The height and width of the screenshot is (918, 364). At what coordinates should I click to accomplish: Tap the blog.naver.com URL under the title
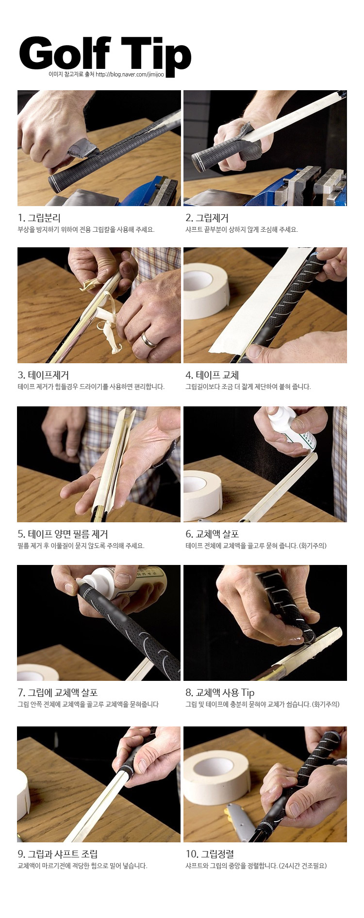coord(130,74)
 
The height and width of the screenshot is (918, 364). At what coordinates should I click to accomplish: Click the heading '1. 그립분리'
coord(39,218)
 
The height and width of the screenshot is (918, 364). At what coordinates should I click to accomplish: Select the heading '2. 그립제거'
coord(207,218)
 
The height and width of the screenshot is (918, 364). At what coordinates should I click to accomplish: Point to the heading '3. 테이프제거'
coord(43,375)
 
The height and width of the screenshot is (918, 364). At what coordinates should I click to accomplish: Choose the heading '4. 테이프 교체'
coord(212,375)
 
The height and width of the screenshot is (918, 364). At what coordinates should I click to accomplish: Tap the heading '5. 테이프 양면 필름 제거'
coord(63,534)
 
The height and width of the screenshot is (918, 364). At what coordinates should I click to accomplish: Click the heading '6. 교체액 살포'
coord(212,534)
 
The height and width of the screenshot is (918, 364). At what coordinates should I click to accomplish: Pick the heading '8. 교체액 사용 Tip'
coord(220,693)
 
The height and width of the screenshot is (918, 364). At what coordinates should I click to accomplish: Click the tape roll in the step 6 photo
coord(203,495)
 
